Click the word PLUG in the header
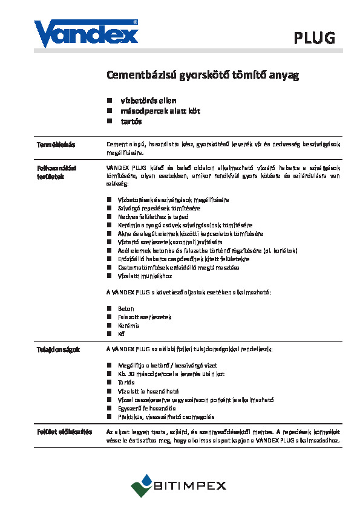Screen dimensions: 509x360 pyautogui.click(x=314, y=39)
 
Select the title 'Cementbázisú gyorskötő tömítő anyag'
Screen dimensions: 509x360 pyautogui.click(x=203, y=76)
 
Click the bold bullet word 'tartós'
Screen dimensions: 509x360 pyautogui.click(x=131, y=121)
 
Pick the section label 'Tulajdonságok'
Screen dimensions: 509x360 pyautogui.click(x=57, y=349)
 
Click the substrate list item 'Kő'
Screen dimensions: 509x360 pyautogui.click(x=121, y=334)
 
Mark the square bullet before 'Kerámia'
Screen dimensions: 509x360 pyautogui.click(x=110, y=325)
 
